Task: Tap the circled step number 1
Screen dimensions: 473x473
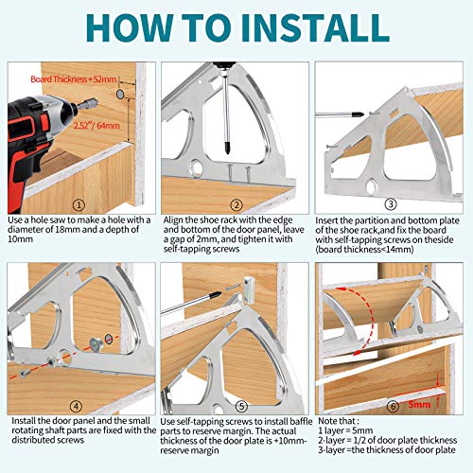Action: (x=79, y=205)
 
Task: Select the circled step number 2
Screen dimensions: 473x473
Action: (x=236, y=205)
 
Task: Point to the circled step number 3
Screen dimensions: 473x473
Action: (x=391, y=204)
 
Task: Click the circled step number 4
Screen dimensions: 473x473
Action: (x=77, y=406)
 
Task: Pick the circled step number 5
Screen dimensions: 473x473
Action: (x=241, y=406)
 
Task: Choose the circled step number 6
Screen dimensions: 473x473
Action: (x=393, y=406)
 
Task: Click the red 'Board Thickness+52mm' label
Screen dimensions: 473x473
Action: (x=74, y=79)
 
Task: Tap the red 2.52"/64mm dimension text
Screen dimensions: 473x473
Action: (x=96, y=125)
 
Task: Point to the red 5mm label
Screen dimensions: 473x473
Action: (x=419, y=404)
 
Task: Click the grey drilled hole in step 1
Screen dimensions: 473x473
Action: (x=120, y=94)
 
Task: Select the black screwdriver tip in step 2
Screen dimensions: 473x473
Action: (x=226, y=146)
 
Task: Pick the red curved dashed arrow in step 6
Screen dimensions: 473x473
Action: (x=368, y=319)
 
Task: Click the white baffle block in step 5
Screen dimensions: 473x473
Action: (x=249, y=290)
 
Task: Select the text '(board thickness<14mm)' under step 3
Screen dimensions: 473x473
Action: (x=364, y=249)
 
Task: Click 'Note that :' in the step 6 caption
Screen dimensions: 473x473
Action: (x=339, y=421)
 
